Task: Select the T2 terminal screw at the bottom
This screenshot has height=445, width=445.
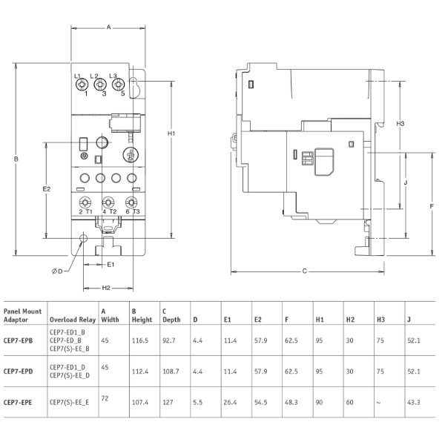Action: pyautogui.click(x=108, y=202)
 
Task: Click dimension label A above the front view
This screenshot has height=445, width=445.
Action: pyautogui.click(x=108, y=27)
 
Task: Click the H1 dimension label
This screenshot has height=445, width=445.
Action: pyautogui.click(x=171, y=133)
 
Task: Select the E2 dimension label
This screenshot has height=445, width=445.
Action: pyautogui.click(x=46, y=189)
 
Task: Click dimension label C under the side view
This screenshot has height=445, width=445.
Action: pyautogui.click(x=304, y=271)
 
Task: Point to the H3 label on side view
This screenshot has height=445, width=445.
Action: pyautogui.click(x=400, y=122)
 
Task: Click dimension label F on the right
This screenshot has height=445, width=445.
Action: pyautogui.click(x=431, y=205)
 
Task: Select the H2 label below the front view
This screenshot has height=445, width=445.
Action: pyautogui.click(x=106, y=288)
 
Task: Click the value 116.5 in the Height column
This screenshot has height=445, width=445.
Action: pyautogui.click(x=140, y=340)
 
